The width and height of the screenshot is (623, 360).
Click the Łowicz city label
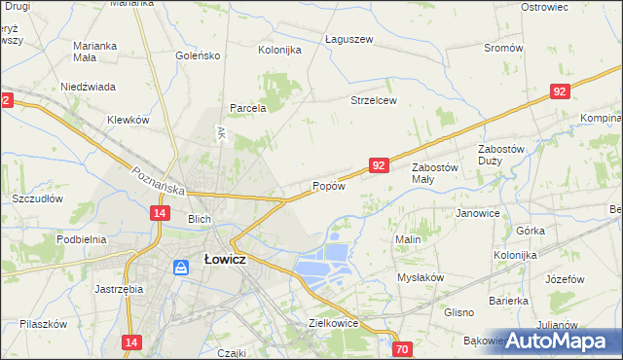tap(223, 261)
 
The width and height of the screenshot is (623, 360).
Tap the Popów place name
tap(328, 186)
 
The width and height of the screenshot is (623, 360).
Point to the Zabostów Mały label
tap(435, 173)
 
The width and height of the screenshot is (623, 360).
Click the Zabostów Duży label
tap(501, 155)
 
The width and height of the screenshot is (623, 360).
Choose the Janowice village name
tap(478, 213)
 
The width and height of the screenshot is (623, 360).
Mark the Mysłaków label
tap(421, 277)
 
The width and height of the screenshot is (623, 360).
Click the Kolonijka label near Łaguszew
tap(279, 50)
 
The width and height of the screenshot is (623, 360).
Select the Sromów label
tap(503, 48)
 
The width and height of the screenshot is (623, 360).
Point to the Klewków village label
tap(128, 120)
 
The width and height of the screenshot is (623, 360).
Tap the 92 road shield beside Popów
tap(380, 166)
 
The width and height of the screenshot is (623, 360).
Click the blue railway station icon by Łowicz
tap(181, 266)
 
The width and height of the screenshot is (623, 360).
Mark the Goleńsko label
tap(199, 55)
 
